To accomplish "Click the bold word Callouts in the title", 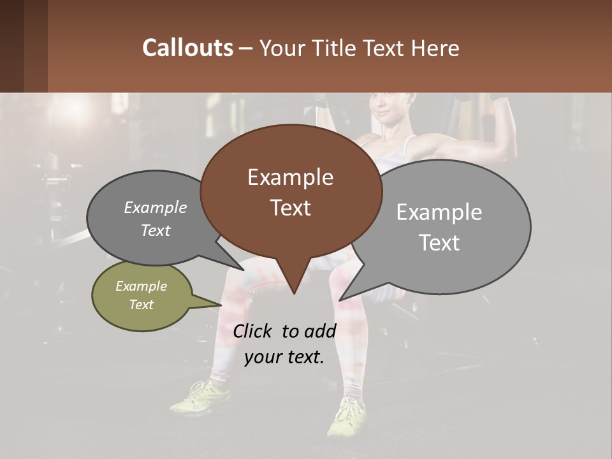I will (x=187, y=48).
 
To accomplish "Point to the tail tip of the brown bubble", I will (x=293, y=293).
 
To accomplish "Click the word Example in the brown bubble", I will (x=290, y=177).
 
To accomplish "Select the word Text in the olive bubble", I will (x=142, y=305).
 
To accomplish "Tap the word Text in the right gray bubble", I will (x=439, y=243).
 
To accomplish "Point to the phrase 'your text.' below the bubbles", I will (x=284, y=356).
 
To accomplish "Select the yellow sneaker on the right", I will (x=346, y=417).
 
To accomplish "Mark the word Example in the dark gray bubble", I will (x=155, y=207).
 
